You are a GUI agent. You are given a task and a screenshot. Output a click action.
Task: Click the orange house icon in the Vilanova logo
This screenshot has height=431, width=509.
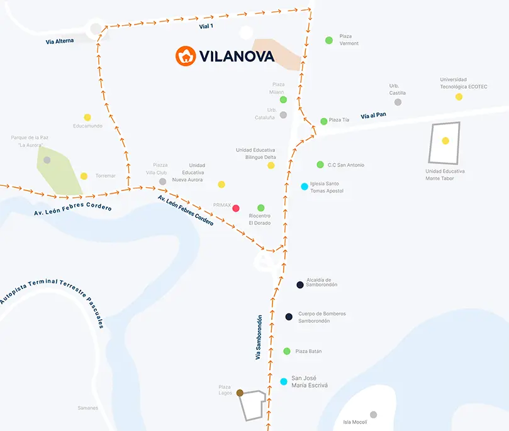pos(186,56)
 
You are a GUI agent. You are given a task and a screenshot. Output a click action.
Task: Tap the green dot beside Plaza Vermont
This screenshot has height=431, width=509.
pos(328,40)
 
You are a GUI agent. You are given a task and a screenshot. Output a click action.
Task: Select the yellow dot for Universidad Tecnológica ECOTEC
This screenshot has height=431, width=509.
pos(459,97)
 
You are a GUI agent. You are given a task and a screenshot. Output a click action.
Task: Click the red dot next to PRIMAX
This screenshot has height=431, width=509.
pos(236,208)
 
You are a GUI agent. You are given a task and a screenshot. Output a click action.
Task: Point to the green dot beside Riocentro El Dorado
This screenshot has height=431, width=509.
pos(261,208)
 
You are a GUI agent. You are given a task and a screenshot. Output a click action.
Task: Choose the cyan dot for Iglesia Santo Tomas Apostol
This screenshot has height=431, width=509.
pos(305,187)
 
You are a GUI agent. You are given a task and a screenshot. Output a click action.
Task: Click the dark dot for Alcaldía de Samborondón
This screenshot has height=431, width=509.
pos(300,285)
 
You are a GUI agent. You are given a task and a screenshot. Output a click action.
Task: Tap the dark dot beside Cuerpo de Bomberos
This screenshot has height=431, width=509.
pos(289,317)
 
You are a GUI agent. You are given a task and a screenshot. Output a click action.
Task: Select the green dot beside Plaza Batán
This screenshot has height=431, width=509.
pos(287,351)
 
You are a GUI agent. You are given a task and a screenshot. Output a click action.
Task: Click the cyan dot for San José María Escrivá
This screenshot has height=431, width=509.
pos(284,381)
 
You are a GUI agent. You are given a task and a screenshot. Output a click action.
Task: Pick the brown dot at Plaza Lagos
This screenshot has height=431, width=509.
pos(240,393)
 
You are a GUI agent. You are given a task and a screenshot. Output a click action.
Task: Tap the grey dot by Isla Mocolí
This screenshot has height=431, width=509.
pos(373,415)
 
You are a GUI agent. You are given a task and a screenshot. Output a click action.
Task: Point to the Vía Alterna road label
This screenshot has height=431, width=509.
pos(60,41)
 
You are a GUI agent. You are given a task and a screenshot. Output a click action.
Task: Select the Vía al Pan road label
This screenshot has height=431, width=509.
pos(374,116)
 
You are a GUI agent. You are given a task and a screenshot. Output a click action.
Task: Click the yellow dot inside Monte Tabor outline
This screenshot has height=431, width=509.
pos(445,141)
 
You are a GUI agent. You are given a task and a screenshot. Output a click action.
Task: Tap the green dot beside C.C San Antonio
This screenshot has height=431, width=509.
pos(320,165)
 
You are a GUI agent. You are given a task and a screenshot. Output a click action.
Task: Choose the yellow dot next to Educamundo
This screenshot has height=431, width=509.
pos(87,117)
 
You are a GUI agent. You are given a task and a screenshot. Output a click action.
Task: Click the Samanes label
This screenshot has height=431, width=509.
pos(87,408)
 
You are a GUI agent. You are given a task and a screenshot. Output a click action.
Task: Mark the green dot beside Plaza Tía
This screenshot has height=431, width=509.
pos(324,121)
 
